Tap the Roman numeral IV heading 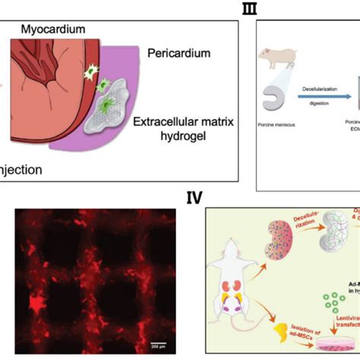click(194, 199)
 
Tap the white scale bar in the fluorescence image click(159, 343)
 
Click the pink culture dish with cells click(331, 346)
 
